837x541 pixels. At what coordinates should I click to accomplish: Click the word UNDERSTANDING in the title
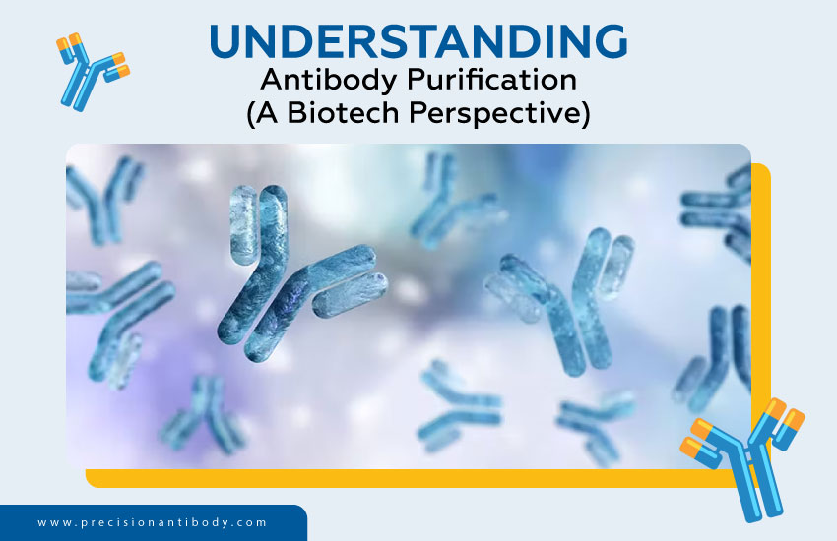(418, 40)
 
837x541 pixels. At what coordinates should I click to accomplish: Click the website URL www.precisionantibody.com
(153, 522)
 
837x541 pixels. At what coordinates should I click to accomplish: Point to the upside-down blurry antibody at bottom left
(203, 413)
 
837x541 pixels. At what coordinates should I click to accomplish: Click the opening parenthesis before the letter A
(251, 114)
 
